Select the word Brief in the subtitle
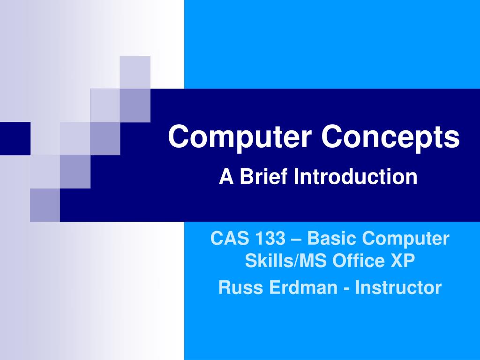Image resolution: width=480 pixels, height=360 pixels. coord(262,177)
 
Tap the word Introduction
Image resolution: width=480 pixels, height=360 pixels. coord(356,177)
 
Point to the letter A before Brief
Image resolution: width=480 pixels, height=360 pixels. coord(226,177)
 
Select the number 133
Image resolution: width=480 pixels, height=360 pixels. coord(270,239)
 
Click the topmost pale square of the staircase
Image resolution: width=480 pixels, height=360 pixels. coord(135,72)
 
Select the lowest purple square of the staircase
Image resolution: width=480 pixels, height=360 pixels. coord(45,205)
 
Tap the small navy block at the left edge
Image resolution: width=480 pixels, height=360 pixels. coord(15,138)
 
